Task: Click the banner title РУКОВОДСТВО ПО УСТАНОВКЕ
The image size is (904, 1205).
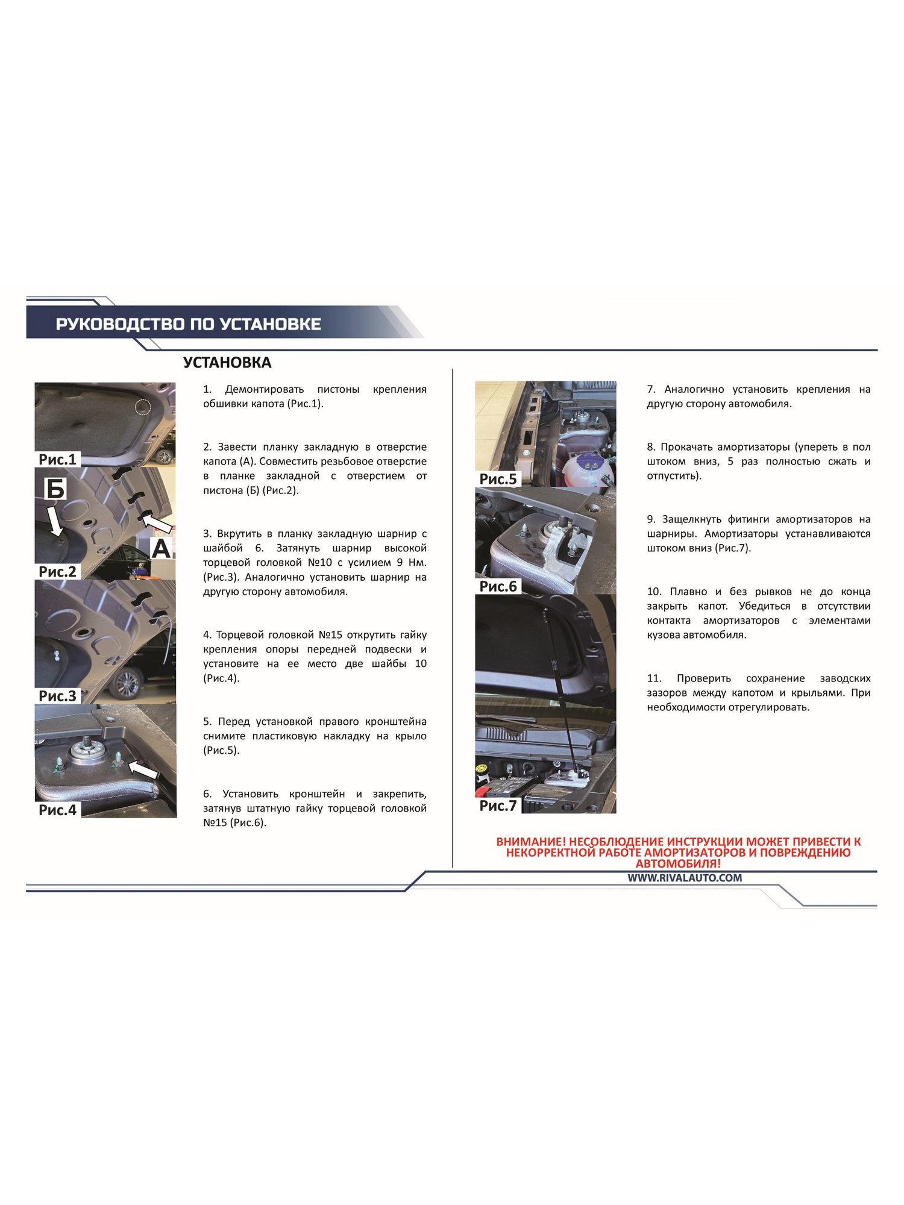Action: point(188,324)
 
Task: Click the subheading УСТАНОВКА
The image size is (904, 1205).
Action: point(227,363)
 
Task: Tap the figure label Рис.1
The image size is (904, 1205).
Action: point(57,459)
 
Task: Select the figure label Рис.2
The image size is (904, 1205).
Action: point(57,571)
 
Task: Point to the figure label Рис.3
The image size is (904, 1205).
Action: point(57,696)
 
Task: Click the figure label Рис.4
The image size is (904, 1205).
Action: point(57,810)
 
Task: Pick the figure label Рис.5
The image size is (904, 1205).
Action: point(498,479)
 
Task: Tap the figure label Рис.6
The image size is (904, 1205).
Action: point(498,586)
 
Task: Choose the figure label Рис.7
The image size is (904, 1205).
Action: point(498,806)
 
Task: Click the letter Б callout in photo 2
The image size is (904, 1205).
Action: point(55,489)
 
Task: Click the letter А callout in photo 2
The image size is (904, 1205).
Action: point(161,549)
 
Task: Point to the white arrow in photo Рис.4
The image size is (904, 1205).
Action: point(144,769)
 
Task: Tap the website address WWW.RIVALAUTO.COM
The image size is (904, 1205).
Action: point(685,878)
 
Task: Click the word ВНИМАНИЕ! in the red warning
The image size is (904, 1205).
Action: point(531,842)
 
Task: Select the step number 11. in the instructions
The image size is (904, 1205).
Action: point(654,678)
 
